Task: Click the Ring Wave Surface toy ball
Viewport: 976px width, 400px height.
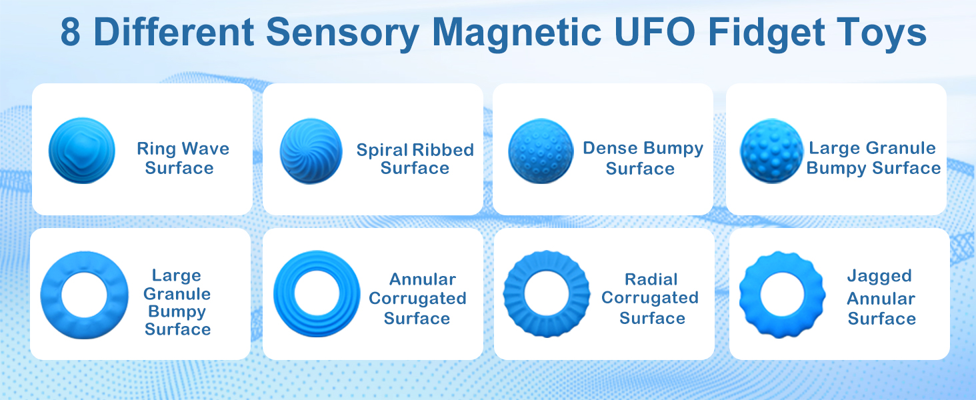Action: pos(81,151)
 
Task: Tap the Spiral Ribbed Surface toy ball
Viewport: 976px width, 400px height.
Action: pos(311,151)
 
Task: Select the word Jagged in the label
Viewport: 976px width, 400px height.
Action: pos(879,277)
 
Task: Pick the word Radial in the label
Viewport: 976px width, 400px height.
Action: pos(651,279)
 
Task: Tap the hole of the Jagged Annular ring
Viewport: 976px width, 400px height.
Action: pos(782,293)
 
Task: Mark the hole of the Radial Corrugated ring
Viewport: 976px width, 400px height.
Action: pos(547,293)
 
